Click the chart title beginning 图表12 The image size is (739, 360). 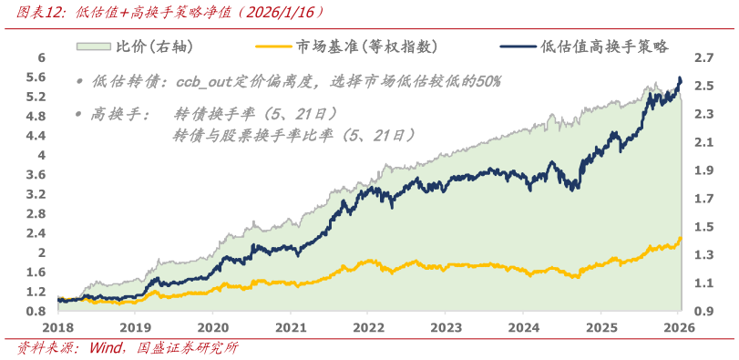(164, 13)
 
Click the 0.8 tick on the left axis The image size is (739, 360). (37, 311)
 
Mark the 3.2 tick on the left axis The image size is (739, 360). (37, 194)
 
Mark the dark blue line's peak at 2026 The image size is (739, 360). (680, 78)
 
